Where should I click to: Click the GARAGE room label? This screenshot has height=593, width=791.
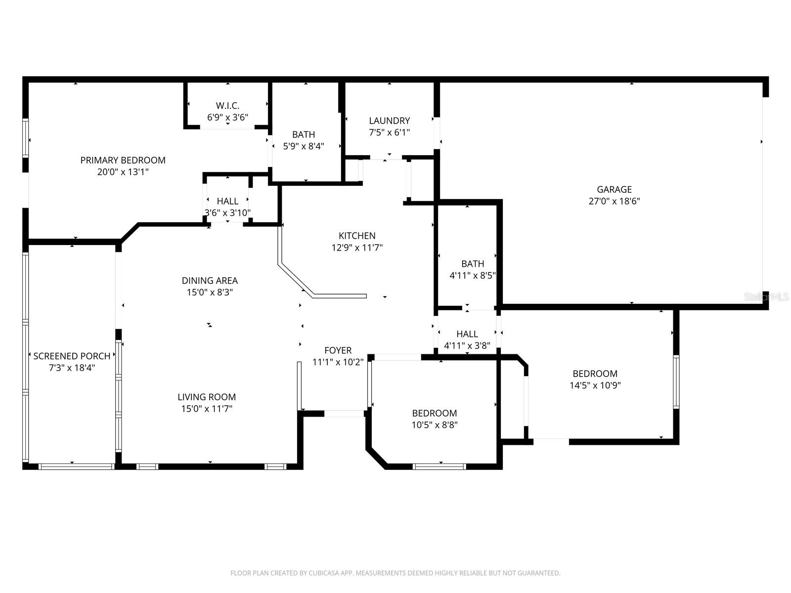[x=614, y=189]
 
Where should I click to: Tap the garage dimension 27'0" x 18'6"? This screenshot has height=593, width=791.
[x=614, y=201]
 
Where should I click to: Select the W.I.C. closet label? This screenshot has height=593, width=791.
[x=227, y=106]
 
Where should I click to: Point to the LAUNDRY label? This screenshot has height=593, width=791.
[x=390, y=121]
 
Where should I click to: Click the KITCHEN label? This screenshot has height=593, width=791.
[x=357, y=236]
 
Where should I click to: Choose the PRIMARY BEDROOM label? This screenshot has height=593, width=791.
[x=123, y=160]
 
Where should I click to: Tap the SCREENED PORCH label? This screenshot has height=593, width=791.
[x=72, y=356]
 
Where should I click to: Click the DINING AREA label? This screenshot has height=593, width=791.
[x=210, y=281]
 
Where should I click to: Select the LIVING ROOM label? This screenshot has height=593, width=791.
[x=207, y=397]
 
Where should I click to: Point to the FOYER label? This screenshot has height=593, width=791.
[x=338, y=350]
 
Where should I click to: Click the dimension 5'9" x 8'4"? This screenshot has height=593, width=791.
[x=304, y=146]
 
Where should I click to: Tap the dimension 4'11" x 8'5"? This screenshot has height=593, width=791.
[x=473, y=276]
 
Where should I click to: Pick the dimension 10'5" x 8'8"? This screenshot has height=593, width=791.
[x=435, y=425]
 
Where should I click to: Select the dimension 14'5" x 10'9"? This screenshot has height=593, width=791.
[x=595, y=385]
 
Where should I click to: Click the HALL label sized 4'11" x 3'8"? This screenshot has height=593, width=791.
[x=467, y=334]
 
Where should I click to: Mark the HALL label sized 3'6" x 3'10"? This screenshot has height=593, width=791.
[x=227, y=201]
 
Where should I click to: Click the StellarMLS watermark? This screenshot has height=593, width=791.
[x=767, y=296]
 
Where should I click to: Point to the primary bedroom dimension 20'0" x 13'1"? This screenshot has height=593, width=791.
[x=123, y=172]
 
